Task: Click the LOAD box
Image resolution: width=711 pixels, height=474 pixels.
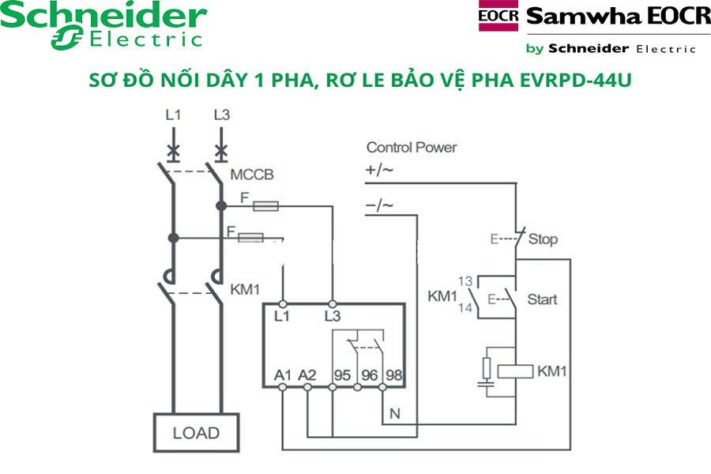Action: point(197,433)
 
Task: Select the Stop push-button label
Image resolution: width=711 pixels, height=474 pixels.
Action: point(543,238)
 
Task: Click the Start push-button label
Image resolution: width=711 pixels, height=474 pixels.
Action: point(542,299)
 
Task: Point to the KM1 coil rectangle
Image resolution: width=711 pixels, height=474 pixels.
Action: point(517,371)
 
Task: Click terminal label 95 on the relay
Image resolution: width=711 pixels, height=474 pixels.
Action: point(342,375)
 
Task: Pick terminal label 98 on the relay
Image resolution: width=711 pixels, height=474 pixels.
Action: point(393,375)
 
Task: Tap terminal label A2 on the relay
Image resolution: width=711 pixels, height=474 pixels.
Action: point(307,375)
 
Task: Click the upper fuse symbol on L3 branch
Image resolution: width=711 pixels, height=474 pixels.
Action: point(265,206)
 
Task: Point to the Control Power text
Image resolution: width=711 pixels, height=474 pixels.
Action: point(412,148)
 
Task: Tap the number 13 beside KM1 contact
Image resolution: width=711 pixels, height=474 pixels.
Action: point(466,281)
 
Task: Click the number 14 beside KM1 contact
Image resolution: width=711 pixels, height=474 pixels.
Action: point(466,308)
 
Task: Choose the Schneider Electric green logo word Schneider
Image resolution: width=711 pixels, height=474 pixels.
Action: point(103,17)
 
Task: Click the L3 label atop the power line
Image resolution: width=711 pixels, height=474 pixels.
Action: point(222,115)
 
